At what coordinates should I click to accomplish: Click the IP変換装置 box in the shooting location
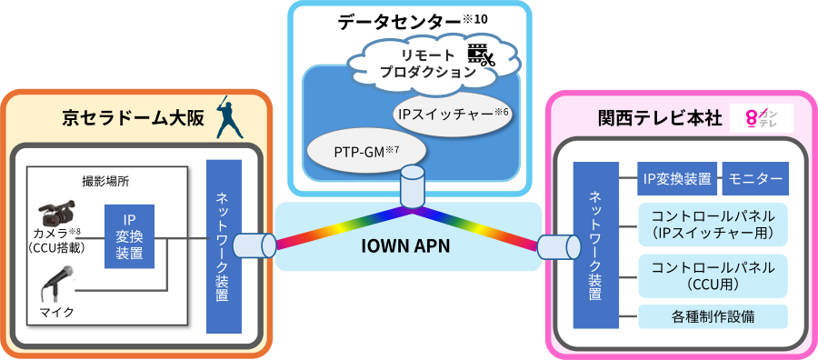click(129, 236)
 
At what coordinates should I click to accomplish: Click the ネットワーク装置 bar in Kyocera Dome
click(224, 246)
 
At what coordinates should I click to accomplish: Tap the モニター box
click(754, 179)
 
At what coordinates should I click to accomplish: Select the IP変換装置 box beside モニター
click(677, 179)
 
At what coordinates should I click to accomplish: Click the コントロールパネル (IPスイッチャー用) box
click(713, 224)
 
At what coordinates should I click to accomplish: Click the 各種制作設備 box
click(713, 316)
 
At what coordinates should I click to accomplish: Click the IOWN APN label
click(410, 245)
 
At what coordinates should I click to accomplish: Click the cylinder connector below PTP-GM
click(412, 185)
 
